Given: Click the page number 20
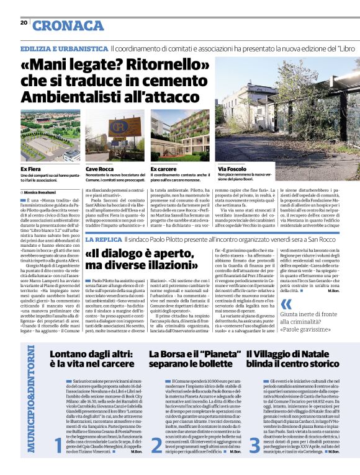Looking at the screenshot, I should [24, 23].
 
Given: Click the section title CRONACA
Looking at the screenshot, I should [68, 25].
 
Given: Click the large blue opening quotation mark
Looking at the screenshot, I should [286, 304].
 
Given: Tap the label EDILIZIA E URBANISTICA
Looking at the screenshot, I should [65, 48].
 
